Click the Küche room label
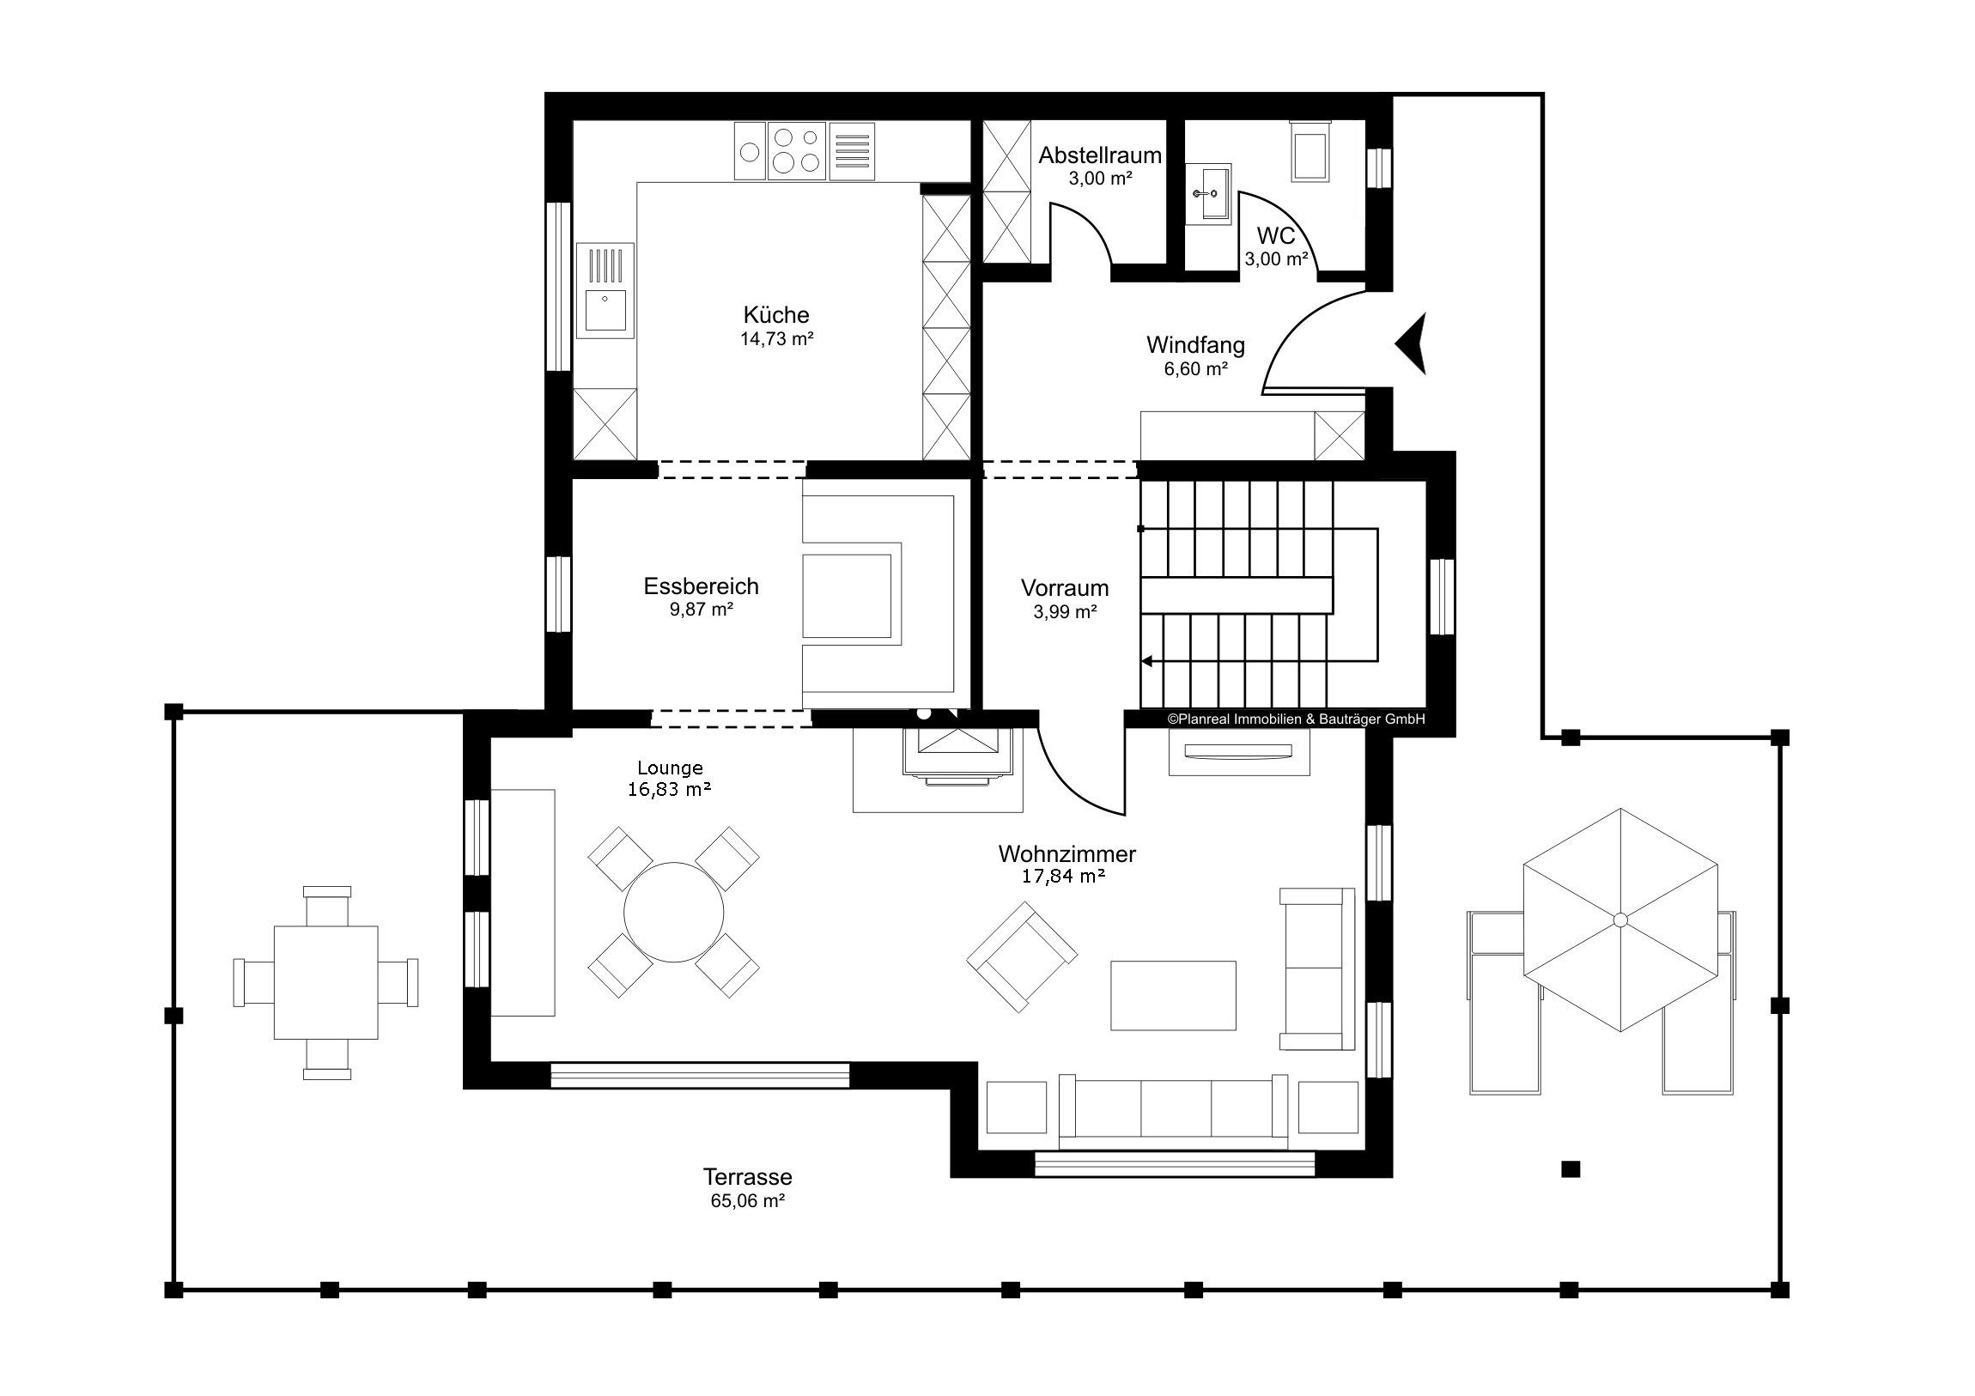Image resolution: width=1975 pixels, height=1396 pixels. click(x=776, y=315)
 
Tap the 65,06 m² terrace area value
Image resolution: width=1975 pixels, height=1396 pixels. click(x=748, y=1201)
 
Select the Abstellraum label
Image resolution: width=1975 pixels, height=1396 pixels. click(x=1099, y=155)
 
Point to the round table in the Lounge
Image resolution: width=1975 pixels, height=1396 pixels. click(x=673, y=913)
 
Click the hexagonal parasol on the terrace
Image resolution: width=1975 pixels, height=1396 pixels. click(x=1620, y=920)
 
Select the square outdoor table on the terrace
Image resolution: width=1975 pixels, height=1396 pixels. click(x=326, y=982)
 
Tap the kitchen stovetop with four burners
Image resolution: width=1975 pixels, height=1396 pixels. click(x=797, y=150)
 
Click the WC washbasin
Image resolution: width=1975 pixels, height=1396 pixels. click(x=1207, y=194)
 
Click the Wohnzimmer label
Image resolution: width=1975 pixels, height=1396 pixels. click(x=1066, y=854)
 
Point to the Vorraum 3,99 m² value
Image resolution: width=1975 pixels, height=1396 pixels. click(x=1065, y=612)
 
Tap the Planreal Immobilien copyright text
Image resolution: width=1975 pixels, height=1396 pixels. click(x=1296, y=719)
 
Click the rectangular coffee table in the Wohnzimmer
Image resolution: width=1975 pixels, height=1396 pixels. click(x=1173, y=995)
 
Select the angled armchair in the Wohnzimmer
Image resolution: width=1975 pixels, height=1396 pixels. click(x=1022, y=956)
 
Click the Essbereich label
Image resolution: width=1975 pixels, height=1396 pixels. click(x=701, y=586)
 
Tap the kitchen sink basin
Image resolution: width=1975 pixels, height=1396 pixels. click(x=605, y=311)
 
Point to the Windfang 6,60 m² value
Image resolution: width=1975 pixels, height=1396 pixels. click(x=1195, y=369)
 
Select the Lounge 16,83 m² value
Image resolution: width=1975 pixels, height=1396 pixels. click(x=669, y=790)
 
